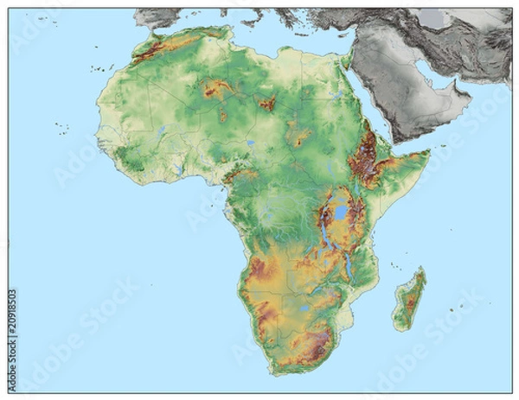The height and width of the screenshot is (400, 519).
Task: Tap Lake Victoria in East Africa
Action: pos(342,213)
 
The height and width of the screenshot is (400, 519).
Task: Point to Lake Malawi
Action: pos(349,267)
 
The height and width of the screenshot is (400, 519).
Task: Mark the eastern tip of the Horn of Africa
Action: pos(428,154)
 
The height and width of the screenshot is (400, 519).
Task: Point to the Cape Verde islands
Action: pos(61,129)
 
